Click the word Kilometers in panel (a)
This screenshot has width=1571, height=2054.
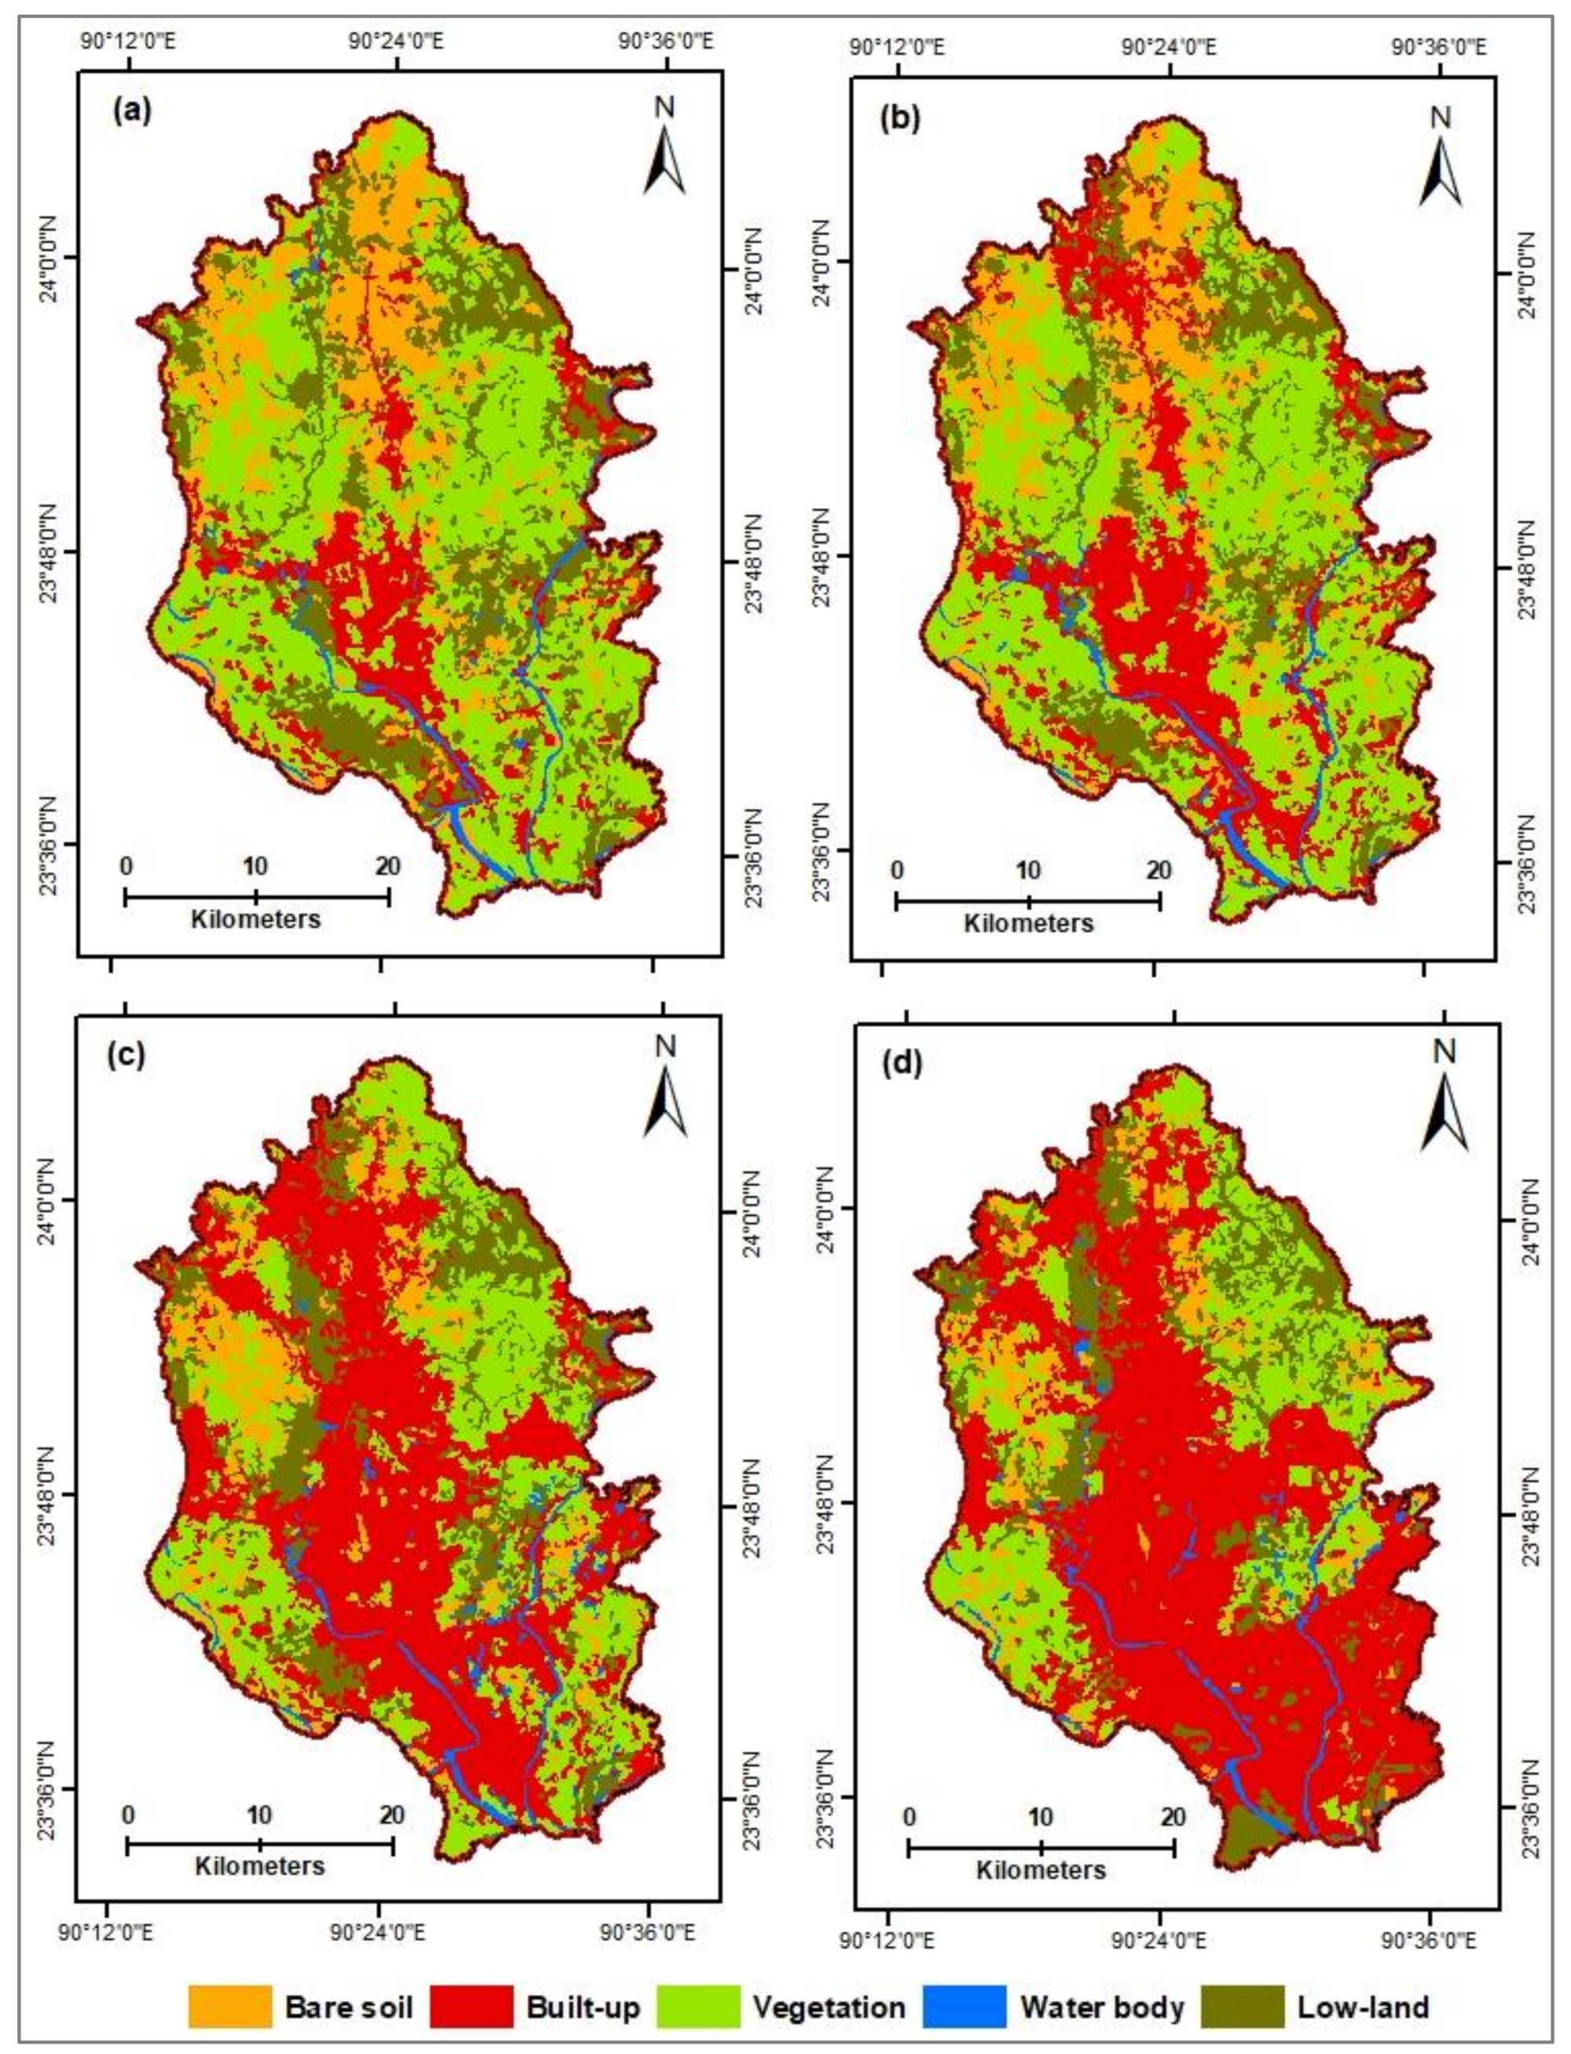[x=255, y=919]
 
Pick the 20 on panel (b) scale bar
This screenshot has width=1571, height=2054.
[x=1158, y=870]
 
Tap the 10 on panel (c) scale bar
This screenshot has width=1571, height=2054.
[x=259, y=1814]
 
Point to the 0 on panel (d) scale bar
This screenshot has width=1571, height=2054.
[x=909, y=1818]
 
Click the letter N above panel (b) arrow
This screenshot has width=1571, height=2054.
[x=1441, y=118]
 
